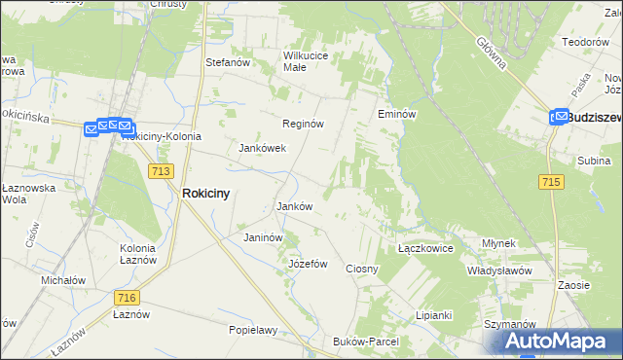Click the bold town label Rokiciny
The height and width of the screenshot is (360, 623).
pos(206,194)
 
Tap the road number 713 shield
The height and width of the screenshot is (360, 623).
pos(162,171)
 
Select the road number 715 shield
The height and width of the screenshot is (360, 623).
pos(551,182)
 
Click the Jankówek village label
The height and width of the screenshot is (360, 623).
pos(262,149)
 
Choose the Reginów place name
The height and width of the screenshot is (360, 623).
pos(303,124)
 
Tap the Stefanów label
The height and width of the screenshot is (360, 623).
pos(229,62)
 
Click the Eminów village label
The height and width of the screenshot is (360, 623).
pos(397,114)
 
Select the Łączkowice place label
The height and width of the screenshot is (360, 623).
pos(426,248)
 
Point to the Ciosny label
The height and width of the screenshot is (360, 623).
pos(362,268)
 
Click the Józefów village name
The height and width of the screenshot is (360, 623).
pos(309,264)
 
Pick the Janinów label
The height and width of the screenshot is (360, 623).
pos(263,237)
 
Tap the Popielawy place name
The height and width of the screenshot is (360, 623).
pos(253,330)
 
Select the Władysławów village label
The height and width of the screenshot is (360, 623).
pos(498,270)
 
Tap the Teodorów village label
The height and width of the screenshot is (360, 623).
pos(585,42)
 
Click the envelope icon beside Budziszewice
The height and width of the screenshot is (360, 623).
pos(559,117)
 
